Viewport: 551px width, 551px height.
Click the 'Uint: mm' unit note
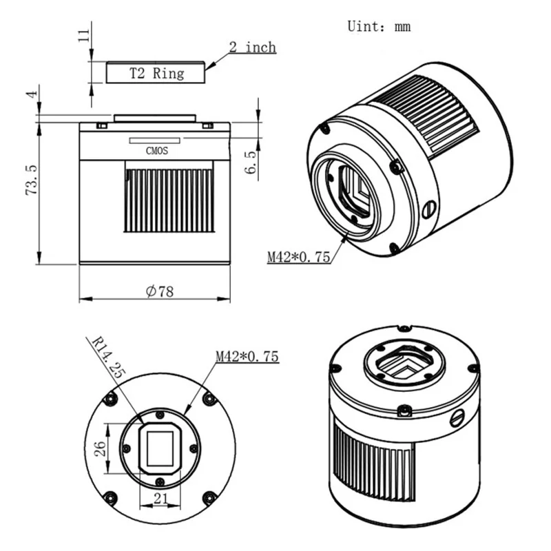[x=379, y=27]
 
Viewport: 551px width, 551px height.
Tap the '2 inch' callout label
[x=252, y=48]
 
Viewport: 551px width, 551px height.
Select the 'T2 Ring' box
[x=156, y=72]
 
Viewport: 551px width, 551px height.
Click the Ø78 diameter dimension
[x=160, y=291]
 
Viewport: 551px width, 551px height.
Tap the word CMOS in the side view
[x=157, y=150]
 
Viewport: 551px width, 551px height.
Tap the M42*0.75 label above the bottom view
[x=247, y=357]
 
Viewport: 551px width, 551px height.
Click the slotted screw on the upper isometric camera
[x=428, y=207]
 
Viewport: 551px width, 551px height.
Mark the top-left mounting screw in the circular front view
[x=107, y=400]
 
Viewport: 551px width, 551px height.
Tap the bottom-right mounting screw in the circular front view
[x=209, y=497]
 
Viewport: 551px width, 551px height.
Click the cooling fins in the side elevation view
[x=169, y=200]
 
